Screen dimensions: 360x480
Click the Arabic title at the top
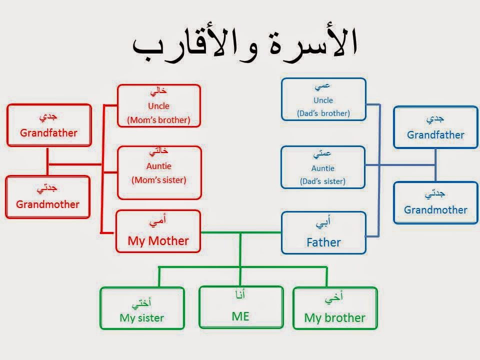click(245, 45)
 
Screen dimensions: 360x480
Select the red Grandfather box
click(48, 125)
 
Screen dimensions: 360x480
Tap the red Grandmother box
click(47, 196)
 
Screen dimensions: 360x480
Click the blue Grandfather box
click(435, 127)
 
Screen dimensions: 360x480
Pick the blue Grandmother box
click(435, 202)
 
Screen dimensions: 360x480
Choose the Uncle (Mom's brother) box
click(158, 105)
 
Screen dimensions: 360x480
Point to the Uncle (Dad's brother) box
click(323, 99)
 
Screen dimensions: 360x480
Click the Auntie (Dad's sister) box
click(322, 167)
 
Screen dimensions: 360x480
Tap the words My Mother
click(158, 240)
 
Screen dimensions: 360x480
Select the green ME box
click(240, 307)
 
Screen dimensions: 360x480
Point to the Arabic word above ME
click(240, 294)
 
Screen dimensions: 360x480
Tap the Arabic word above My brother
click(334, 299)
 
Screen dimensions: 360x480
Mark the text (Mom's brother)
click(158, 120)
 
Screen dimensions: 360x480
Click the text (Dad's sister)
click(322, 181)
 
